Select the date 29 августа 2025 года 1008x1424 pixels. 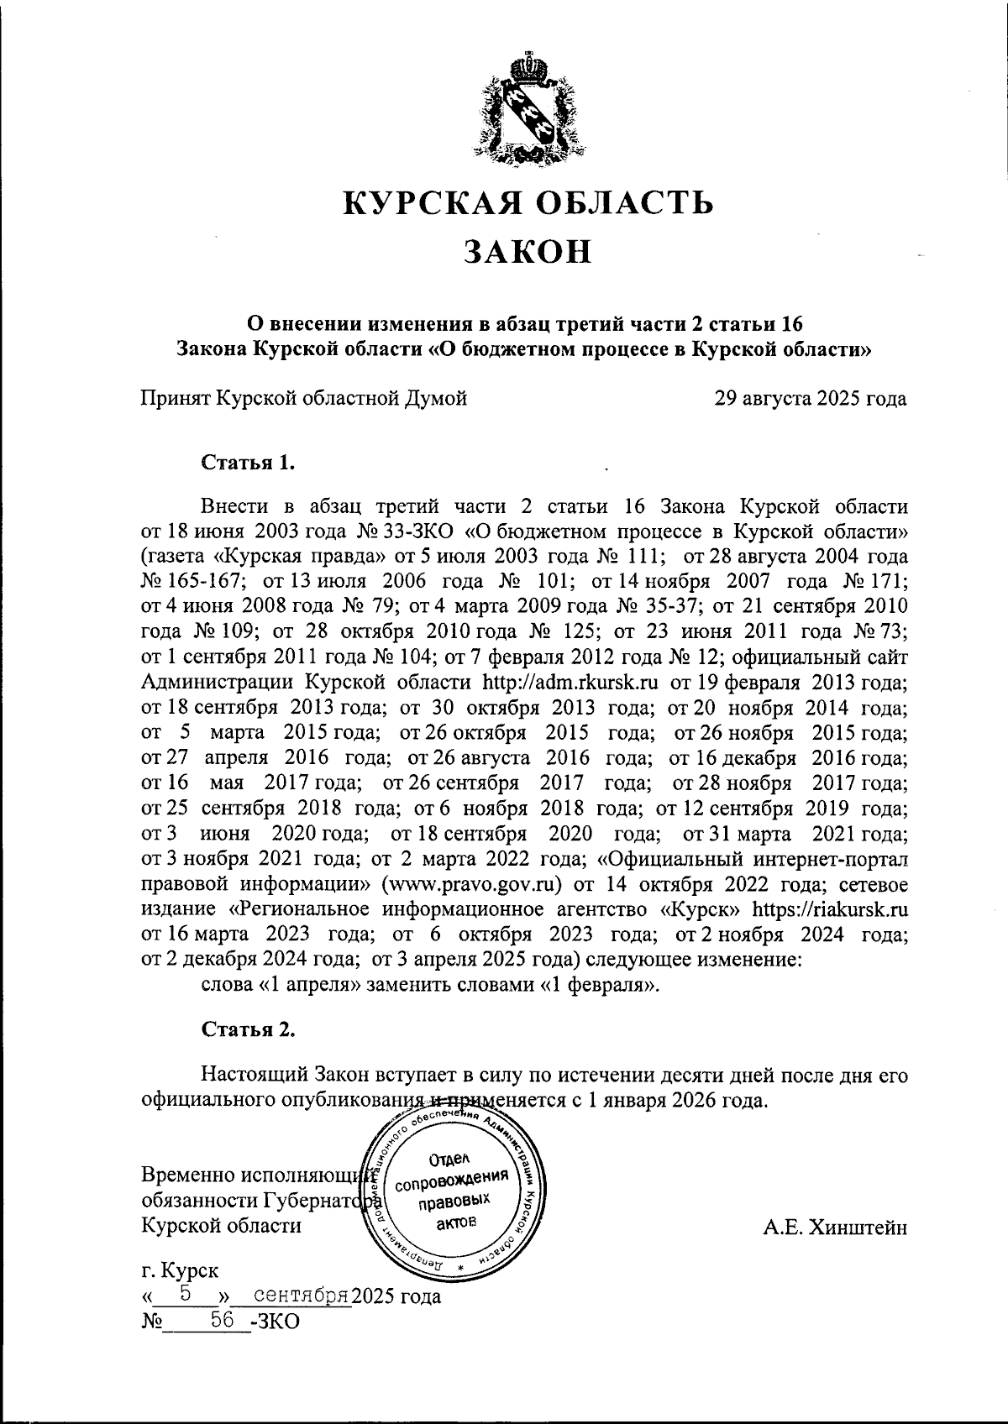click(810, 398)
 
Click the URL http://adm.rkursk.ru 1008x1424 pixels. click(570, 681)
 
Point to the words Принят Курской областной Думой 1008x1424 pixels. click(304, 398)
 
